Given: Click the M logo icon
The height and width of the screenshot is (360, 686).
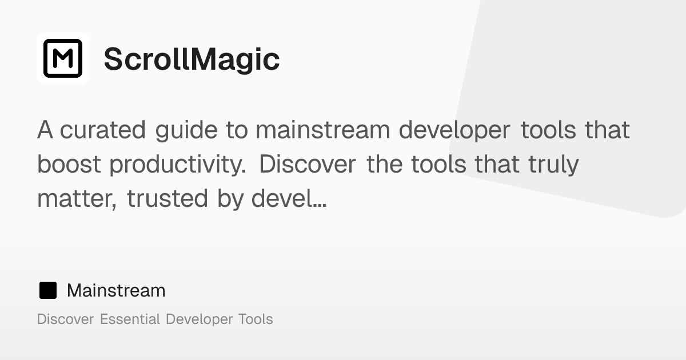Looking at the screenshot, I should [x=63, y=58].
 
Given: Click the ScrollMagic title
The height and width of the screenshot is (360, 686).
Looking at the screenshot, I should [x=192, y=59].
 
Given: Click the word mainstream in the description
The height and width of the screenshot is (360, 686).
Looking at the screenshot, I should [x=322, y=130].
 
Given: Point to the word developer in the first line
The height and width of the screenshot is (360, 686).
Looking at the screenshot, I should [x=454, y=130].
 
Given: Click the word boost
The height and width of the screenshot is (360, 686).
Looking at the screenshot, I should [x=69, y=165].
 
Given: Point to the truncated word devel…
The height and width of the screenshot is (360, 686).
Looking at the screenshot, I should [x=289, y=199].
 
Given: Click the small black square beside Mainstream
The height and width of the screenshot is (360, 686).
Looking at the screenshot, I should [x=48, y=290].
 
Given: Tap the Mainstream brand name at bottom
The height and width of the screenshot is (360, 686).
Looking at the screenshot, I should [x=116, y=290].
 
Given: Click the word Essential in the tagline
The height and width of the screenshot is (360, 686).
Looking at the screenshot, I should [x=130, y=319].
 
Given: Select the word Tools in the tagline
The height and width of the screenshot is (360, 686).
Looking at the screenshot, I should [x=256, y=319].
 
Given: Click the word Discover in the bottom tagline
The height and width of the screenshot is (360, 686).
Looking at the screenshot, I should [x=65, y=319].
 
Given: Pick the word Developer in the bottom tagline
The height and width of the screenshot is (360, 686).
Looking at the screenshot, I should [x=199, y=319].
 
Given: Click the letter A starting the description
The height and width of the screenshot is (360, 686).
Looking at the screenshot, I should [x=45, y=130].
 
